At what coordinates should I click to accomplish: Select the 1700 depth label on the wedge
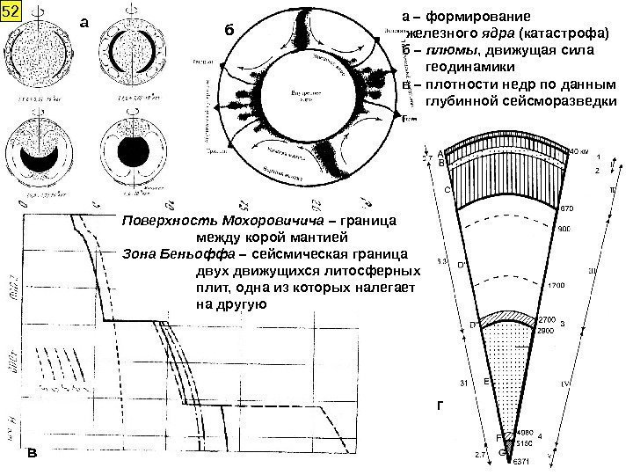(x=556, y=286)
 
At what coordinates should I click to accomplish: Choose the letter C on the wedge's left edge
(x=447, y=188)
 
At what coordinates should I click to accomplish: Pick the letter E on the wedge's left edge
(x=485, y=383)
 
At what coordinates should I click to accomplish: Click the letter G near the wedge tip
(x=501, y=452)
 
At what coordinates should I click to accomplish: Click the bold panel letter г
(x=442, y=406)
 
